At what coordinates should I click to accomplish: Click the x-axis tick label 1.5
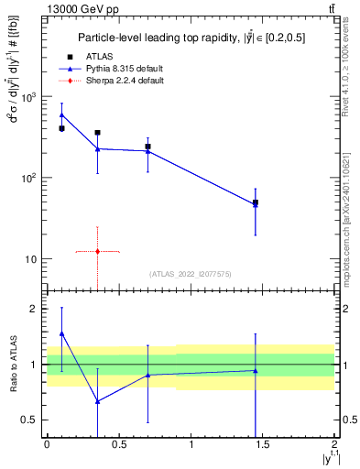264,446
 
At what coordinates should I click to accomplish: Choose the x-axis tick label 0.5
119,446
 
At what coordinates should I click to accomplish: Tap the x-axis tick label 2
336,446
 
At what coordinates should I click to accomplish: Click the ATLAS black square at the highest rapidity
256,202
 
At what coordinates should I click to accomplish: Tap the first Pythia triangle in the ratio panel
61,333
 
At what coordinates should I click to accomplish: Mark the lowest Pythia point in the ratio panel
97,401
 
